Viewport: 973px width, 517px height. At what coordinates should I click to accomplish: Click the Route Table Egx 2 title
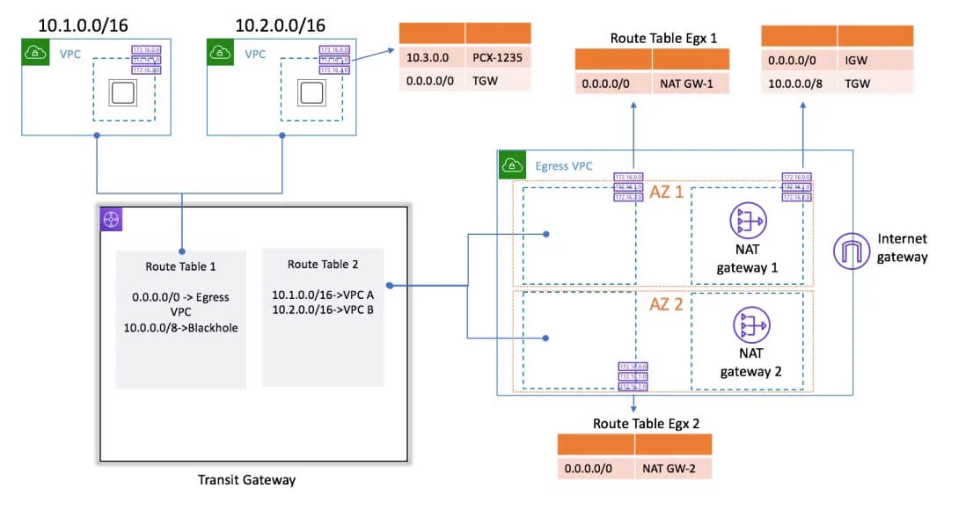point(646,423)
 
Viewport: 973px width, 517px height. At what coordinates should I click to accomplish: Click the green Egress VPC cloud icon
point(512,164)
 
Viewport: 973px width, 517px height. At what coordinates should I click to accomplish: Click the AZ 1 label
point(667,191)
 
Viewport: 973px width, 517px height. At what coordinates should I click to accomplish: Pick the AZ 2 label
point(665,306)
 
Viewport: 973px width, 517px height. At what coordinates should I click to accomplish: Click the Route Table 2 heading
point(323,264)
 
